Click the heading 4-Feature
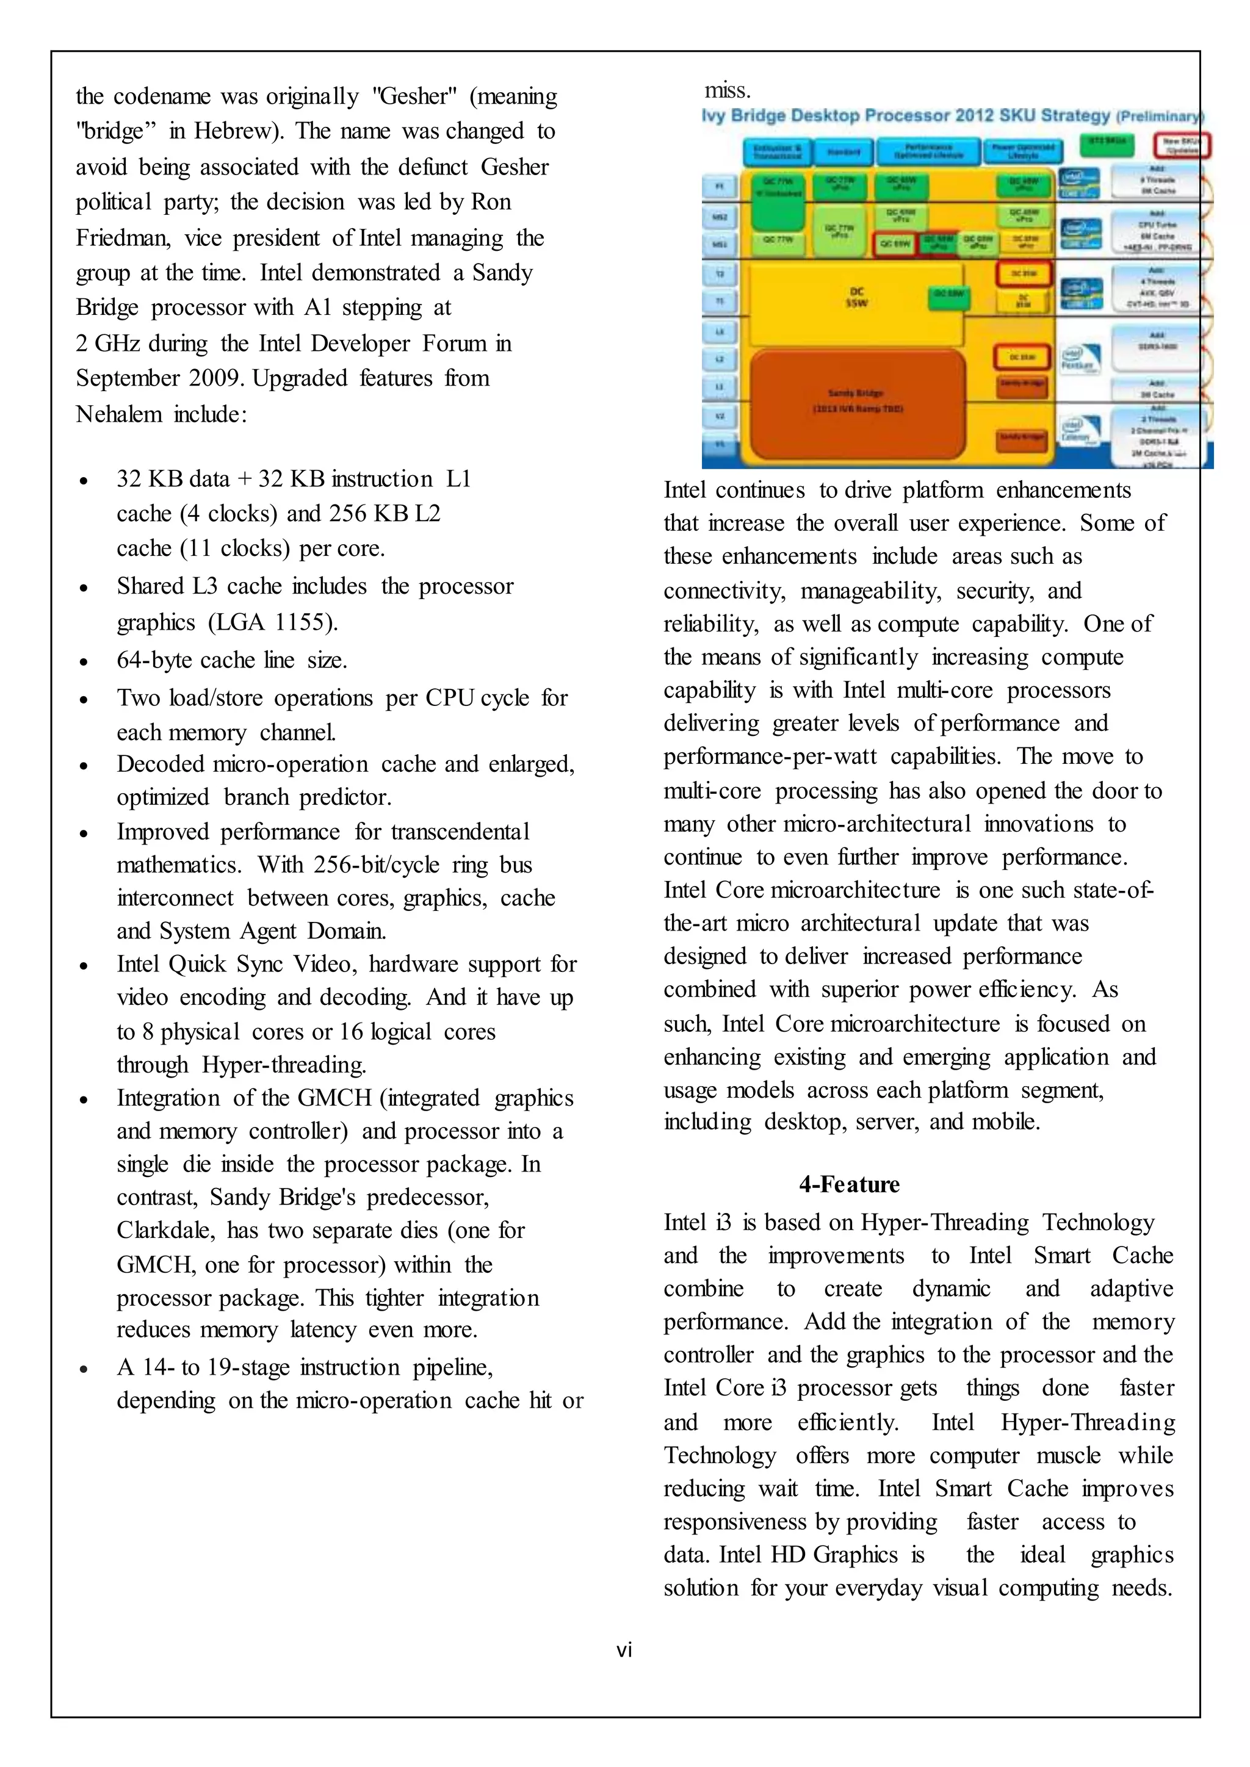tap(849, 1184)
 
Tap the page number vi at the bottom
tap(624, 1649)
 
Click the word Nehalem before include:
tap(118, 414)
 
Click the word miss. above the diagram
tap(728, 90)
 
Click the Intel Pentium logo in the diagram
tap(1080, 358)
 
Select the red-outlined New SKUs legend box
tap(1182, 145)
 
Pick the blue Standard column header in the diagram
tap(844, 151)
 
